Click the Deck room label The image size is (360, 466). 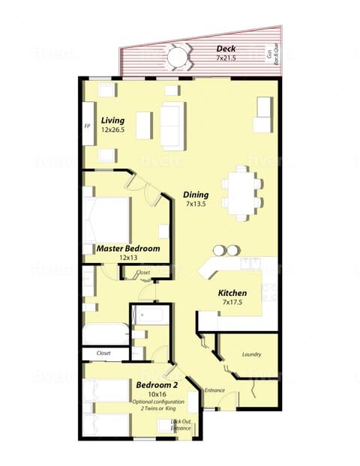pos(205,49)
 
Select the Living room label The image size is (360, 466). pos(113,120)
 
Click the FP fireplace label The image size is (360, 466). pos(87,125)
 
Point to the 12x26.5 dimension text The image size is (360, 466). pos(113,130)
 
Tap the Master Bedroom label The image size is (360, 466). pos(127,248)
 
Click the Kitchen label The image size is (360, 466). pos(232,293)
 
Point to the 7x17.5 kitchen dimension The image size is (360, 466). pos(232,303)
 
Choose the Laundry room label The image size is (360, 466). pos(251,354)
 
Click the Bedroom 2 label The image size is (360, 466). pos(157,385)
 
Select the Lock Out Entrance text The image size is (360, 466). pos(181,425)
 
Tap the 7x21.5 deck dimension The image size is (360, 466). pos(205,58)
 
